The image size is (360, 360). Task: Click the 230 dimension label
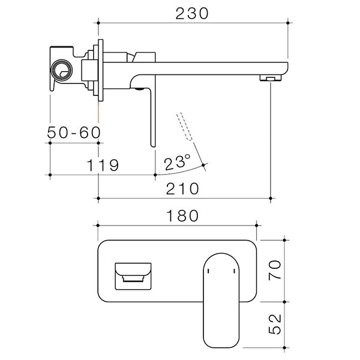pos(193,13)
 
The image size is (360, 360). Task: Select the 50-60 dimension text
pos(74,133)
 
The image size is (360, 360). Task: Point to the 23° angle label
pos(177,161)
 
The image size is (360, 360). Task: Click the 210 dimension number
pos(182,188)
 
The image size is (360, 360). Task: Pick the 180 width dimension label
pos(176,216)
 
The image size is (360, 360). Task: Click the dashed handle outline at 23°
pos(185,125)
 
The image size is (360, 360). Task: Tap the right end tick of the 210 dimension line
pos(273,197)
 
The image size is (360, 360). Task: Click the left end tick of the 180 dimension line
pos(97,226)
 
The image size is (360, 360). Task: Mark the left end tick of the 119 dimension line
pos(50,175)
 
